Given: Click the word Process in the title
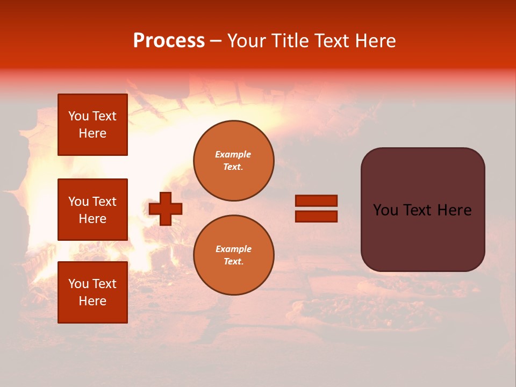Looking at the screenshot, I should [169, 41].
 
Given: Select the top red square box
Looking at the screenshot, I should [92, 125].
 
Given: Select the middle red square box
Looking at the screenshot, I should [92, 210].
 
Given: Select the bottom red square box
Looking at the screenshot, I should [92, 292].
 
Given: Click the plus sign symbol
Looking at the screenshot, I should [166, 209].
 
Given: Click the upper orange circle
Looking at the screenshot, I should [234, 161].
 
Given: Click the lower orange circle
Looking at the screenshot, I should [234, 255].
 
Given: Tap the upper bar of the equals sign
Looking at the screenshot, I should [316, 201].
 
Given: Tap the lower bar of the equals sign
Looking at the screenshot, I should [316, 216].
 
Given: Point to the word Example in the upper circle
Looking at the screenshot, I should [233, 154].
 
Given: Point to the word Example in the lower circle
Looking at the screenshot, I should [233, 249].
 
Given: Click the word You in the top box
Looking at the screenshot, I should [78, 116].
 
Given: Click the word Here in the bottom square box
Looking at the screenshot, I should [92, 301].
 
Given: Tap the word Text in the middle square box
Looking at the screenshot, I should [104, 202].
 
